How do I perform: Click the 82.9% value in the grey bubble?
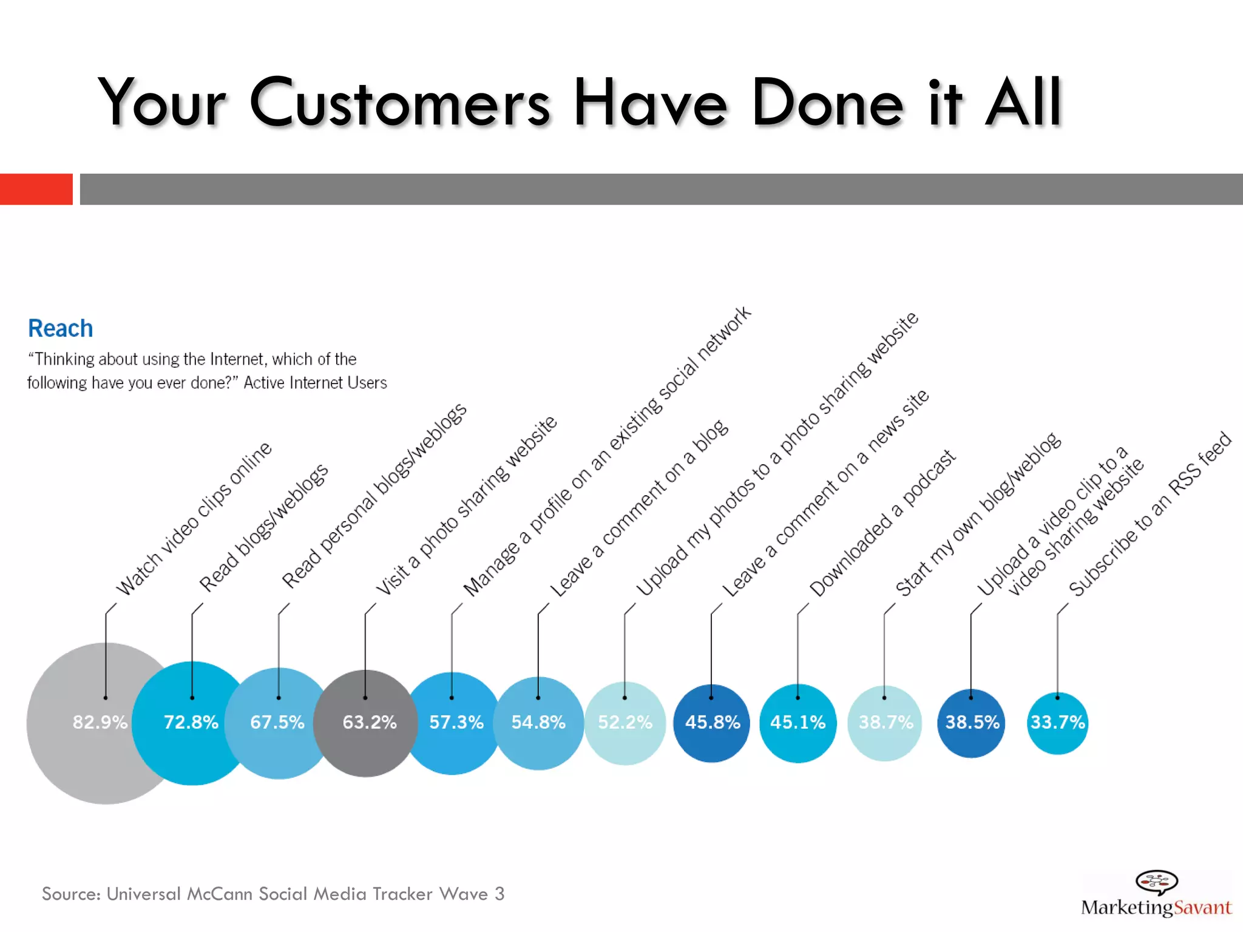(x=100, y=722)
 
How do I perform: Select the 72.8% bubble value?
(x=191, y=722)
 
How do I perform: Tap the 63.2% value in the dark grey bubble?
(x=369, y=722)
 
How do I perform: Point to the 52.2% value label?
(x=625, y=722)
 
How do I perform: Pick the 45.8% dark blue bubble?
(x=712, y=723)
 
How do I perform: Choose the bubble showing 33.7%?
(x=1057, y=723)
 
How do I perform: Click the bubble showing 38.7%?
(x=885, y=723)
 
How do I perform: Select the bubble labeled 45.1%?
(x=798, y=723)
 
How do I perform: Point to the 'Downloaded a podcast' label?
(x=882, y=523)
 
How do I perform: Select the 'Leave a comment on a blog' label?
(x=638, y=508)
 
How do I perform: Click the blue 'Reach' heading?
(x=61, y=328)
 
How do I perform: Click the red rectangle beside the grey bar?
(x=36, y=189)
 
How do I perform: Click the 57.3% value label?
(x=456, y=722)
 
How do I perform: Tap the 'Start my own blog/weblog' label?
(x=978, y=515)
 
